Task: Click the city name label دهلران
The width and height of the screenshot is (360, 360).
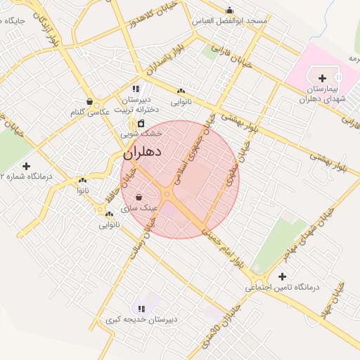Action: coord(143,152)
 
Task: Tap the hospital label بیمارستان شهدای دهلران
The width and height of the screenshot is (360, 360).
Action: coord(323,95)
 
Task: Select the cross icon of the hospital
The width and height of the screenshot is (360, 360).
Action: coord(323,78)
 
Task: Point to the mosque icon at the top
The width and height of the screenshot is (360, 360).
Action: coord(229,10)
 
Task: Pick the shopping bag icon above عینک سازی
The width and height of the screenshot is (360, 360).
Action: coord(138,197)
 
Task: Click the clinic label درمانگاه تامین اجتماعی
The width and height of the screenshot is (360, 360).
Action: coord(282,288)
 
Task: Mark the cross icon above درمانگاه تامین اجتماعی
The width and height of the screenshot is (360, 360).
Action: coord(282,276)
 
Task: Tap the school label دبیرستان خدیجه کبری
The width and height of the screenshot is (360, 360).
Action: coord(141,319)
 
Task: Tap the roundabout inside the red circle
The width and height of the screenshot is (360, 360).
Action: coord(168,194)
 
